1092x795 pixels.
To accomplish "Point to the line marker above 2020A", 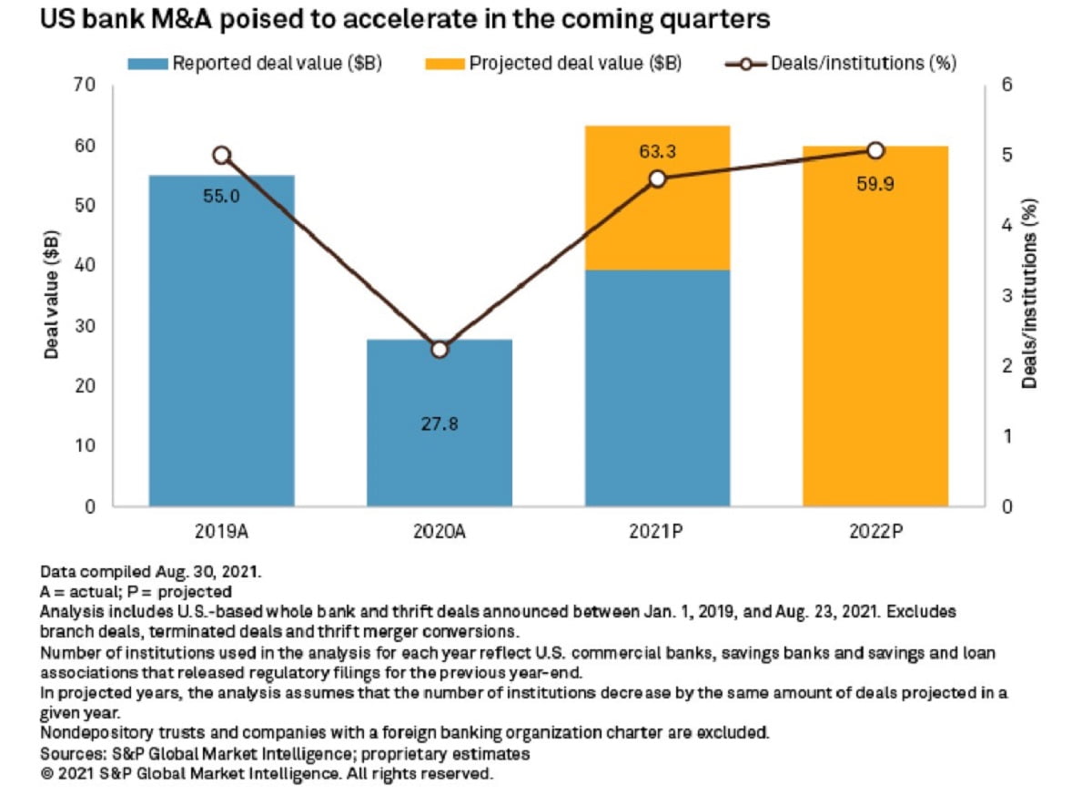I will tap(440, 350).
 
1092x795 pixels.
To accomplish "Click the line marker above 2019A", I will tap(221, 156).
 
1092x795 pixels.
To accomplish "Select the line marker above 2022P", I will tap(875, 150).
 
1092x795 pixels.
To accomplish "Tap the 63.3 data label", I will tap(657, 150).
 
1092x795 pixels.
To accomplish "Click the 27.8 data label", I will tap(440, 423).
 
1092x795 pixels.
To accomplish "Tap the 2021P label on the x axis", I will tap(657, 530).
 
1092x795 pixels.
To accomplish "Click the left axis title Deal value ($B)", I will tap(52, 296).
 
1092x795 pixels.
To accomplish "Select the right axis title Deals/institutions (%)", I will tap(1029, 296).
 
